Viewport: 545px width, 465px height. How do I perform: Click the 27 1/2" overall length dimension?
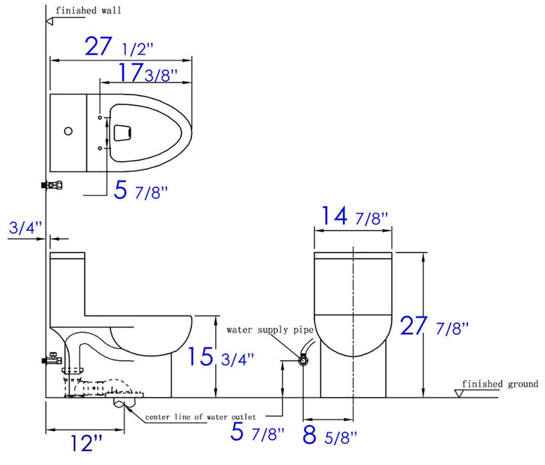click(119, 46)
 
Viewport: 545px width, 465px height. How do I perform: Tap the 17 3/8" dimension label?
click(148, 72)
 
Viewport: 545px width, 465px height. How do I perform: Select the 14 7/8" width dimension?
click(354, 216)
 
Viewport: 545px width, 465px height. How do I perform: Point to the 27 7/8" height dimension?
click(434, 326)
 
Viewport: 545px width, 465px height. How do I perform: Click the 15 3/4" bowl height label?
click(220, 357)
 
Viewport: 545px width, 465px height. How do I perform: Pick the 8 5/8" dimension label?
click(330, 434)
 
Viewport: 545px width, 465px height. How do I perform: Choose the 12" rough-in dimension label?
click(86, 443)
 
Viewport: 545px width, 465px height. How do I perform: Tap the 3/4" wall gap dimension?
click(25, 228)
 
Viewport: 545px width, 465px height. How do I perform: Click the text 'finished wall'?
click(88, 11)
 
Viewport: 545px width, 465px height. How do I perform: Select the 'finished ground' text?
click(500, 384)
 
